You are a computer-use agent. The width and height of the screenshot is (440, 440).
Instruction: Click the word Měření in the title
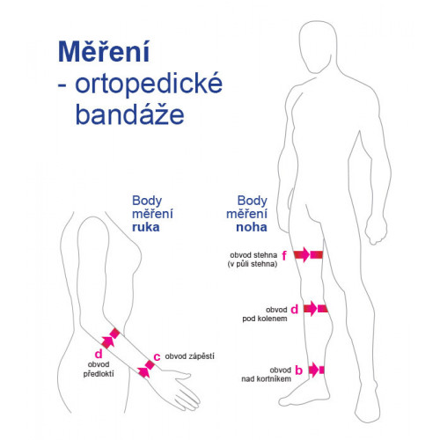click(x=104, y=51)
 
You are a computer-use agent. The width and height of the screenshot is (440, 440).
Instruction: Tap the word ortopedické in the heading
click(x=149, y=84)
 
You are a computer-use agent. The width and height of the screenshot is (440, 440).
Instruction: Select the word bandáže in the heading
click(x=129, y=114)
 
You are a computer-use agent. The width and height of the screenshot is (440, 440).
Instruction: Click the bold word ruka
click(x=145, y=227)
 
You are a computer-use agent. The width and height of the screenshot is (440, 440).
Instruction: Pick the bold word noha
click(x=252, y=227)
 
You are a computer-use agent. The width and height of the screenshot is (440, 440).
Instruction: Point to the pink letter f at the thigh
click(x=284, y=255)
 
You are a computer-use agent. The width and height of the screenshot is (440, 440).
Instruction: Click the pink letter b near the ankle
click(x=298, y=370)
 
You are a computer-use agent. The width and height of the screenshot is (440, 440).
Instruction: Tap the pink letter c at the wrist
click(x=157, y=357)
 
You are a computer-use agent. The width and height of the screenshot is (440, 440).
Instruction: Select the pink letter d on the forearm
click(x=99, y=354)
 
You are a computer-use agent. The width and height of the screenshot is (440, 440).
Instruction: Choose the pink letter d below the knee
click(x=294, y=309)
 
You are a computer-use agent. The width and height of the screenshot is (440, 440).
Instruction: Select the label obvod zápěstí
click(x=189, y=356)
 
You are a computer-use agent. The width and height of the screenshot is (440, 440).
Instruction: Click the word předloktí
click(x=99, y=374)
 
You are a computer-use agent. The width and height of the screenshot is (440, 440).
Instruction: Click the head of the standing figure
click(x=319, y=46)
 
